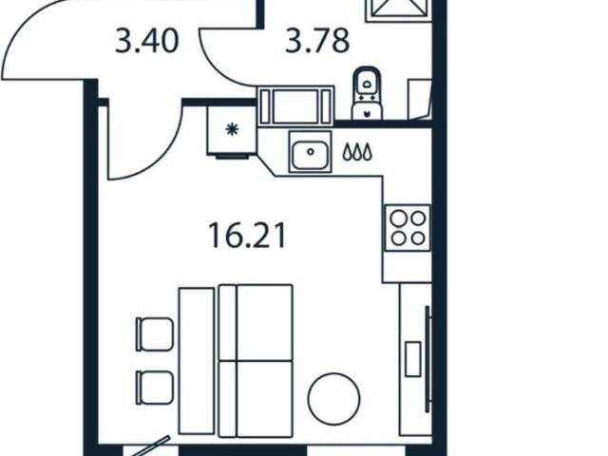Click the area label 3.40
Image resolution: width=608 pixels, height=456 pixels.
coord(146,41)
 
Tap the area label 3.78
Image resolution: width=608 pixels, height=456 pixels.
coord(317,41)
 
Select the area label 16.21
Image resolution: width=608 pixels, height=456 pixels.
coord(247,236)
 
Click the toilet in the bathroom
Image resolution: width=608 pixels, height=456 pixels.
coord(367,93)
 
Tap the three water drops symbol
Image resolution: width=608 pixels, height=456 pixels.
coord(357,152)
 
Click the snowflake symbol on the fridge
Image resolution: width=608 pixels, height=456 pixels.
coord(232,129)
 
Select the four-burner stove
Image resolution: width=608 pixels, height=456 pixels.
coord(408,228)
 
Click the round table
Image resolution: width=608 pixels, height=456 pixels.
coord(333,399)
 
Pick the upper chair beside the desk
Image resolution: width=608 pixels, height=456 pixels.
coord(154,334)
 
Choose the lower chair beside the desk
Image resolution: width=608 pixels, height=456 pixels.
coord(154,388)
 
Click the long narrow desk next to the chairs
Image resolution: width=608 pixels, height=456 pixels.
coord(197,361)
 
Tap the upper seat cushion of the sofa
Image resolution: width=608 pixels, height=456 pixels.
coord(264,323)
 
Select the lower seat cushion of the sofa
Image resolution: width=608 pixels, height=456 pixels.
coord(264,399)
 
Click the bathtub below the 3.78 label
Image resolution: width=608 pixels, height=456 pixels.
coord(295,105)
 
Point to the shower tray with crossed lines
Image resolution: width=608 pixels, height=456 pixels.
coord(399,9)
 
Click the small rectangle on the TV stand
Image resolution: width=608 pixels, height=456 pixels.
coord(413,359)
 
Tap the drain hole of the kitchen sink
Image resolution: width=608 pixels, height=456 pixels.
coord(311,152)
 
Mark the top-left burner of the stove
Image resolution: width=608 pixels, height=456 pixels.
coord(398,219)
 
